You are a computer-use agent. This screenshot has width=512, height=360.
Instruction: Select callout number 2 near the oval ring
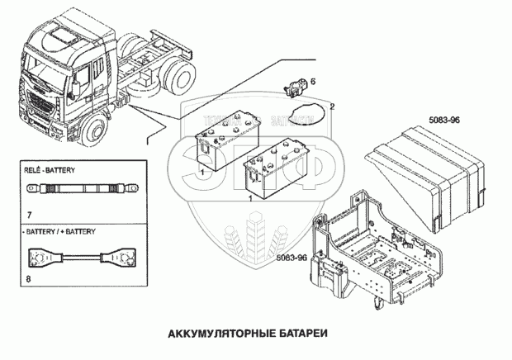332,107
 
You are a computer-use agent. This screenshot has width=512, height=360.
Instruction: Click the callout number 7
29,216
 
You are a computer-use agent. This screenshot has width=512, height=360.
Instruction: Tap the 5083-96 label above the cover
445,121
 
